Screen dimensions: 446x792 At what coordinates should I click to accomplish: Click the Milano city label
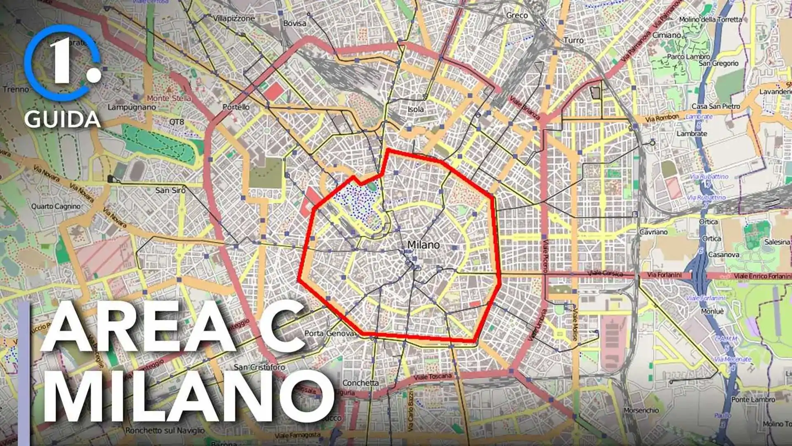pos(423,245)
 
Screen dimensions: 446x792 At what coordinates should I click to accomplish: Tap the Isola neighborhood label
pos(415,109)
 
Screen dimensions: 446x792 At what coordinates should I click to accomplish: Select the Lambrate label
pos(692,134)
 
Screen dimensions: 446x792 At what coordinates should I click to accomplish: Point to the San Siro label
pos(170,190)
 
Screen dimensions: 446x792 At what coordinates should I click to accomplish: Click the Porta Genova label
pos(329,333)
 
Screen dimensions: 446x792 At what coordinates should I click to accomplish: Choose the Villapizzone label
pos(234,19)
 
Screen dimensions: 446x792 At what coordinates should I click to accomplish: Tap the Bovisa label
pos(295,24)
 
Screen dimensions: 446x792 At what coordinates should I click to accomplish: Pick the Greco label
pos(517,15)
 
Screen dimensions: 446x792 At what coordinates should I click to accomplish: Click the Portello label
pos(236,107)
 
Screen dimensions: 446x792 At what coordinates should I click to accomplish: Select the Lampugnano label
pos(132,107)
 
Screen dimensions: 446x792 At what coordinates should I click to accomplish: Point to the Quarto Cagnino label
pos(56,206)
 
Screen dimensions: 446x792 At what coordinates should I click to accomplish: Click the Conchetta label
pos(360,383)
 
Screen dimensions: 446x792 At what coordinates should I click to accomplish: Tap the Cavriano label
pos(653,232)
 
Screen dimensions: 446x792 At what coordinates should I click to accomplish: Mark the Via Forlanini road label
pos(664,275)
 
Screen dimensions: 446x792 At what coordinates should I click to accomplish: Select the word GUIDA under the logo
pos(62,120)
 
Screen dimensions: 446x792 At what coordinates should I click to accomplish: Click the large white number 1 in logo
pos(62,62)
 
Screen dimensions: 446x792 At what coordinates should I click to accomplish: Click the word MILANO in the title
pos(188,396)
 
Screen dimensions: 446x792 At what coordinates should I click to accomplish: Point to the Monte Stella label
pos(169,98)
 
